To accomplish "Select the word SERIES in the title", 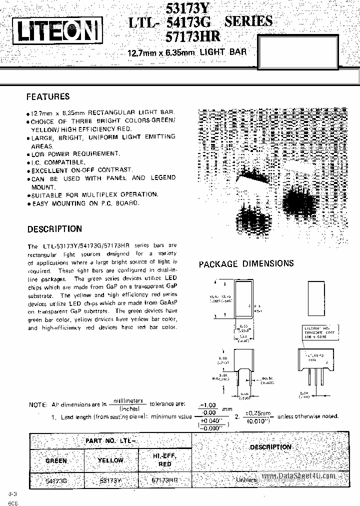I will (248, 21).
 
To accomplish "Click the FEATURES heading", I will (48, 96).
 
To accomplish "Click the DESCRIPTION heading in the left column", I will (54, 229).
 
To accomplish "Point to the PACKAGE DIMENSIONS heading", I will (246, 263).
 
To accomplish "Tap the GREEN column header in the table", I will (56, 460).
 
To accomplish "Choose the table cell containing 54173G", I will (56, 479).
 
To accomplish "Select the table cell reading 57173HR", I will (164, 479).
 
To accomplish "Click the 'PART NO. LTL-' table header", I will (110, 440).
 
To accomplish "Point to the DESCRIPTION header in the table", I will (270, 447).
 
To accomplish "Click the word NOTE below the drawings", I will (37, 404).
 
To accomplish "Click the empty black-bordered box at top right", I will (308, 48).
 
